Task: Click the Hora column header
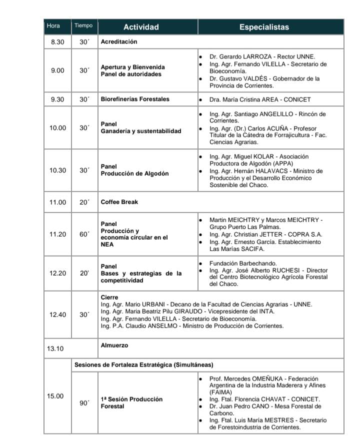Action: click(x=53, y=26)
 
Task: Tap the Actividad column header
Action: click(x=141, y=27)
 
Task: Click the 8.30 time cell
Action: click(x=58, y=42)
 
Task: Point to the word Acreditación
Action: click(x=119, y=42)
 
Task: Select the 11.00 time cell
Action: click(x=57, y=202)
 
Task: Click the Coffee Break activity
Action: click(x=119, y=202)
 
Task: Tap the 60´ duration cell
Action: click(x=84, y=234)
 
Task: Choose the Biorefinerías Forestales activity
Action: click(x=135, y=99)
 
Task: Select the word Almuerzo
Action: click(x=114, y=345)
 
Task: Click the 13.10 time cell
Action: click(x=55, y=349)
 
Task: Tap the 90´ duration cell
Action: click(x=84, y=403)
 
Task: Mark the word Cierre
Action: click(x=109, y=297)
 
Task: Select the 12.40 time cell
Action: click(x=57, y=315)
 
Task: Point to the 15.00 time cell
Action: click(x=55, y=396)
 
